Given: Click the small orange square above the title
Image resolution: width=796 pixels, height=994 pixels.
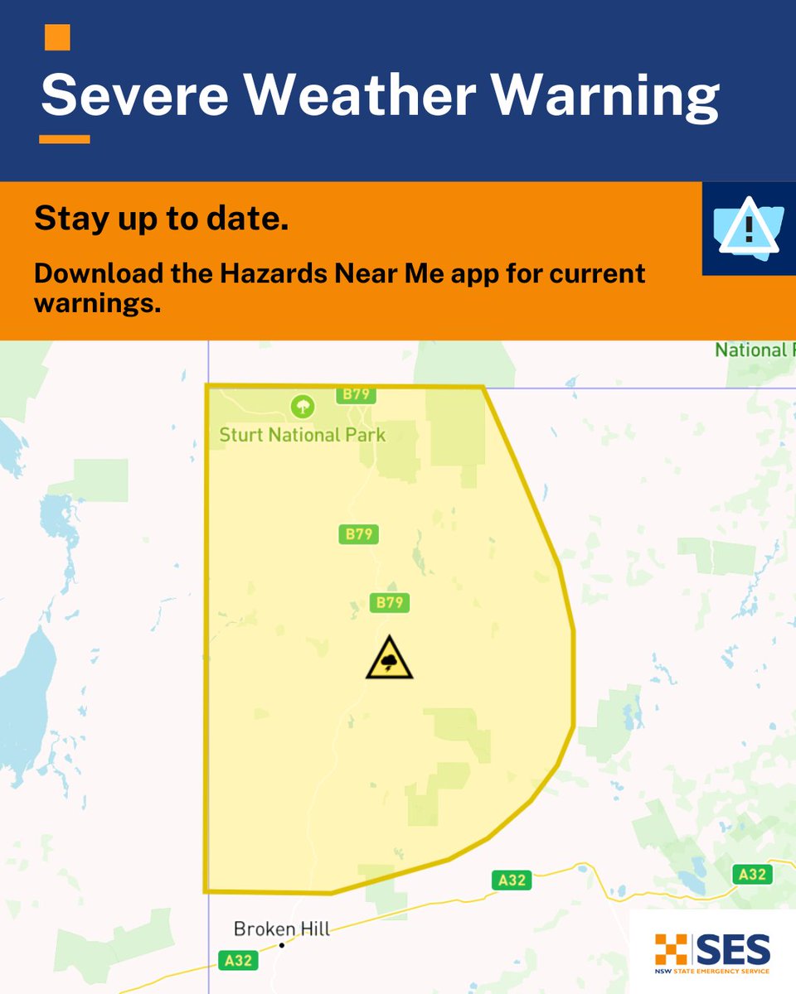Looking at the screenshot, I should click(57, 37).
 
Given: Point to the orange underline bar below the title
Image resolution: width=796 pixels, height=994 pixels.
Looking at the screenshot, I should click(64, 139).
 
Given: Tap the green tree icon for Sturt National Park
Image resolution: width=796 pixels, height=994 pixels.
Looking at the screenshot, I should click(303, 406).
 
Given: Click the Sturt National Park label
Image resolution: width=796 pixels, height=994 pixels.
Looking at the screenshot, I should click(302, 434).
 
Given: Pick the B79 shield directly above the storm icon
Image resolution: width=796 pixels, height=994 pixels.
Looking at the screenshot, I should click(390, 602).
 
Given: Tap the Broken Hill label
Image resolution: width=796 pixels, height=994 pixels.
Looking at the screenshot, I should click(281, 929).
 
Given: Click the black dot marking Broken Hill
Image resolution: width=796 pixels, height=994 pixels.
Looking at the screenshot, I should click(282, 945).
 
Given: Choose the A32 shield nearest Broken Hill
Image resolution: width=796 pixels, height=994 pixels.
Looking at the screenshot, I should click(238, 961).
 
